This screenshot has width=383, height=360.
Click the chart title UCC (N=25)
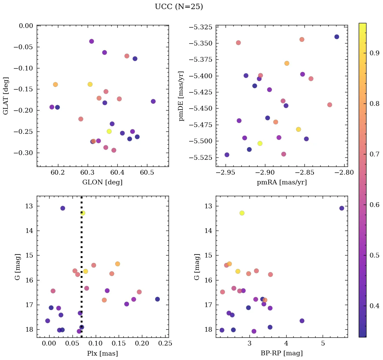179,7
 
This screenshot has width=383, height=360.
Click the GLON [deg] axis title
102,182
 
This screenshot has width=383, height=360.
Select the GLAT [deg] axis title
6,96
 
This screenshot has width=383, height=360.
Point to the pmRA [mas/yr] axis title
282,182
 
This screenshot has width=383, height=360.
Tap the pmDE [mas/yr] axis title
182,96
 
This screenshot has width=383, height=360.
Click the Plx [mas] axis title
102,354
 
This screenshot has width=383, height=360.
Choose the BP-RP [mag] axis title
282,354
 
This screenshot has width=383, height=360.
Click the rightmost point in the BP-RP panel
342,208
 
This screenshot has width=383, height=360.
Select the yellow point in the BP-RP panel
242,213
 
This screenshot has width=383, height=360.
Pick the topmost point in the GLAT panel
91,41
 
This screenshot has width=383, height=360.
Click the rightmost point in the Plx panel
157,299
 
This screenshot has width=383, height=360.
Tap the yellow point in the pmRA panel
260,143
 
